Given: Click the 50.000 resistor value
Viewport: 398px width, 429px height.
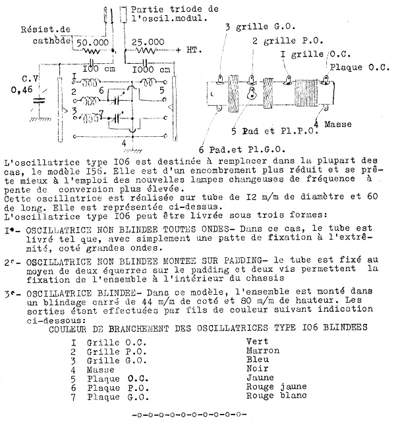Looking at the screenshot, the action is [92, 41].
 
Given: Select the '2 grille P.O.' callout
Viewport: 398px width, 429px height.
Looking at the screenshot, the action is [281, 41].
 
